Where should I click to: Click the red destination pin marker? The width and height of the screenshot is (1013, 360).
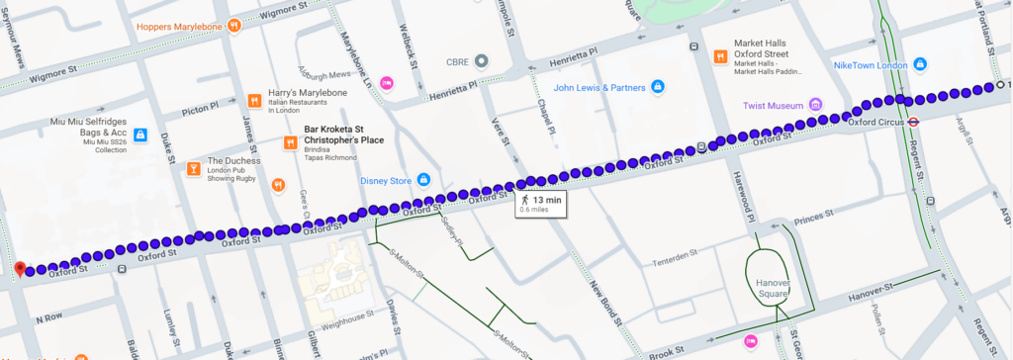[x=19, y=268]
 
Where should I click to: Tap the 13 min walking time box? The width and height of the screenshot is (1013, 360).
[x=540, y=204]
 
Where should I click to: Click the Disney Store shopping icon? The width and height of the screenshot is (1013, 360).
[x=423, y=179]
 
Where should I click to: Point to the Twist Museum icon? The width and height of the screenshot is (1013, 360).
[x=815, y=104]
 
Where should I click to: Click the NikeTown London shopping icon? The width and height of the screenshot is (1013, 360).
[x=921, y=65]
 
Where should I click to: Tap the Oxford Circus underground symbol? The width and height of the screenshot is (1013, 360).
[x=914, y=123]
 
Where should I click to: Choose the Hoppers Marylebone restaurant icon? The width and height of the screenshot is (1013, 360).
[x=233, y=25]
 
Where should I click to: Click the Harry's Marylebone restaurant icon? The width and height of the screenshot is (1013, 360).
[x=254, y=100]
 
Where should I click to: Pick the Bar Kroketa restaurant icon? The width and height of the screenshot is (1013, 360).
[x=290, y=141]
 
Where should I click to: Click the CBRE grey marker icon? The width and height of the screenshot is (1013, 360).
[x=480, y=59]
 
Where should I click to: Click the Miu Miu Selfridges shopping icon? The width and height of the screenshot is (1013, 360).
[x=141, y=134]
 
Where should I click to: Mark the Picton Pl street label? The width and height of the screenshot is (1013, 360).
[x=200, y=108]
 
